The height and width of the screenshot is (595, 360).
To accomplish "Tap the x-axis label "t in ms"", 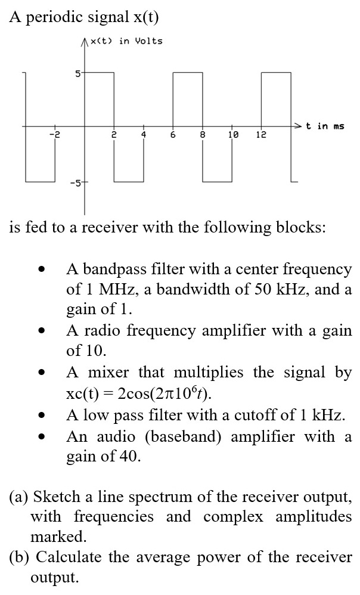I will tap(325, 126).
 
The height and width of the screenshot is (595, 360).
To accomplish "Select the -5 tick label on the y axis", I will tap(75, 182).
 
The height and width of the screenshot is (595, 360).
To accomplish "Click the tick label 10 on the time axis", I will tap(232, 135).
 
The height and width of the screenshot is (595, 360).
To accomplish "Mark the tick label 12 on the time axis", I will tap(261, 135).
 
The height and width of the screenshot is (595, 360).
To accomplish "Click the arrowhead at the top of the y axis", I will tap(84, 40).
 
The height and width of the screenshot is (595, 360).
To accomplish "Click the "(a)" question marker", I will tap(19, 496).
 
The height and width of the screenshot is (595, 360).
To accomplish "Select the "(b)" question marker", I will tap(20, 557).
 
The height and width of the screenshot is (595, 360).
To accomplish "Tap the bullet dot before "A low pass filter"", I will tap(41, 416).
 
